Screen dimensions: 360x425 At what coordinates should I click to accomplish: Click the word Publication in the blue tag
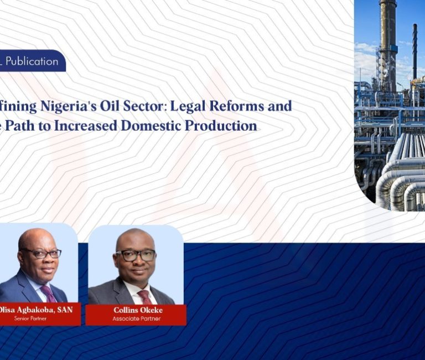point(32,61)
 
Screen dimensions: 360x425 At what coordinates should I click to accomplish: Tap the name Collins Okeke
point(136,310)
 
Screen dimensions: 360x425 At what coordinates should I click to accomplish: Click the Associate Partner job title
point(136,318)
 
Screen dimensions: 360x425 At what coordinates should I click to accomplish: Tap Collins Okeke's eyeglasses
point(136,256)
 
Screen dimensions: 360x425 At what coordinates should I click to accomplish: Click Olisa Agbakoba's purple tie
point(49,294)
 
